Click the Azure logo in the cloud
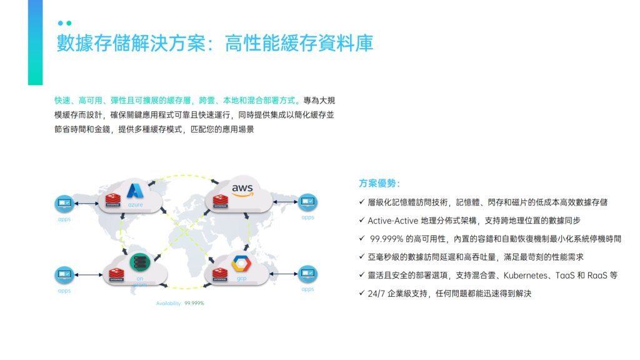click(x=136, y=191)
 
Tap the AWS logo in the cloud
click(x=241, y=189)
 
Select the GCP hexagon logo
click(x=241, y=262)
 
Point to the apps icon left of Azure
click(x=64, y=203)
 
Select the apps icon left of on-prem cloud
click(x=64, y=274)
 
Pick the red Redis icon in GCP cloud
click(x=219, y=274)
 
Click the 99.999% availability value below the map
click(x=194, y=303)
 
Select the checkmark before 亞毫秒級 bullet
click(x=362, y=257)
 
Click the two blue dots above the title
click(x=64, y=23)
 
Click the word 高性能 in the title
click(x=252, y=44)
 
